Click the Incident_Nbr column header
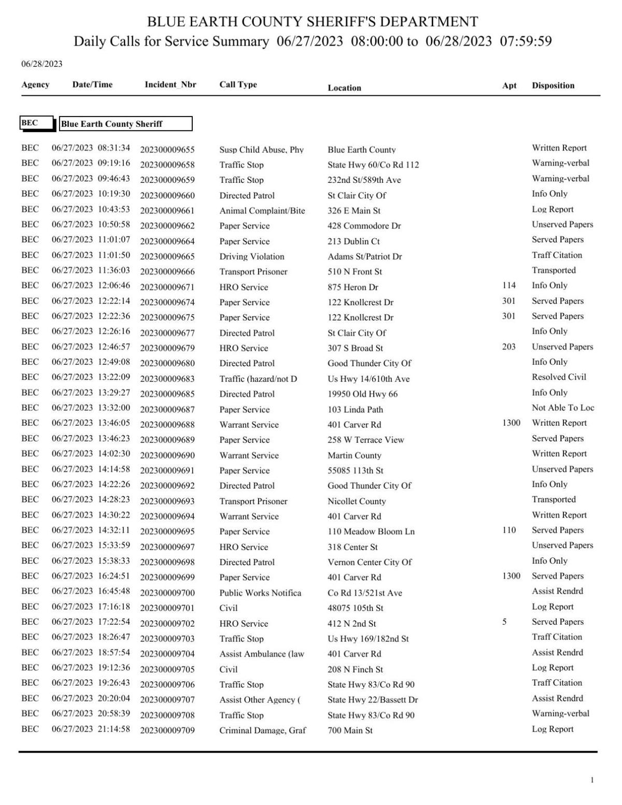coord(170,84)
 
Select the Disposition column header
coord(553,85)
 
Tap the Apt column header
coord(509,85)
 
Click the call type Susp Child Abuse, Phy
coord(261,150)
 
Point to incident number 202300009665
coord(167,256)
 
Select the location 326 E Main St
coord(354,211)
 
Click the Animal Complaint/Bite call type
coord(262,211)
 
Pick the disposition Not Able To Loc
coord(562,408)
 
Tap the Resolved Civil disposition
coord(558,377)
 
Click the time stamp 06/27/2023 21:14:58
coord(91,729)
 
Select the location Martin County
coord(354,455)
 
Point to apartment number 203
coord(508,347)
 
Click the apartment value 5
coord(504,622)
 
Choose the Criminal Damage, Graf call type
coord(262,730)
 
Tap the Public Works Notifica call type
coord(260,593)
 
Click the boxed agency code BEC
coord(30,123)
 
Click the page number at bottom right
coord(592,780)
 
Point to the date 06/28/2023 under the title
coord(41,64)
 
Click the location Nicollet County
coord(356,501)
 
